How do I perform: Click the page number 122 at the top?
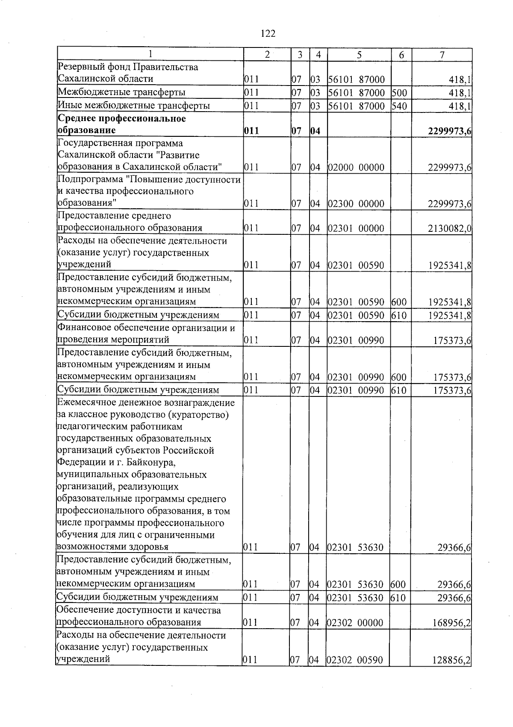point(268,33)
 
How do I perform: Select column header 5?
point(359,55)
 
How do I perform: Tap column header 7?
point(442,55)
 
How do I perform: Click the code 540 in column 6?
point(399,106)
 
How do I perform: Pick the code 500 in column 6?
point(399,92)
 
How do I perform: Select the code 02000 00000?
point(356,167)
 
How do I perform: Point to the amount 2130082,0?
point(449,228)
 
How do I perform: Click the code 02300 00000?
point(356,204)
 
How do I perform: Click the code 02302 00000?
point(355,623)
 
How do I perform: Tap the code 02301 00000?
point(356,228)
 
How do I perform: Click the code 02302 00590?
point(355,660)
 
